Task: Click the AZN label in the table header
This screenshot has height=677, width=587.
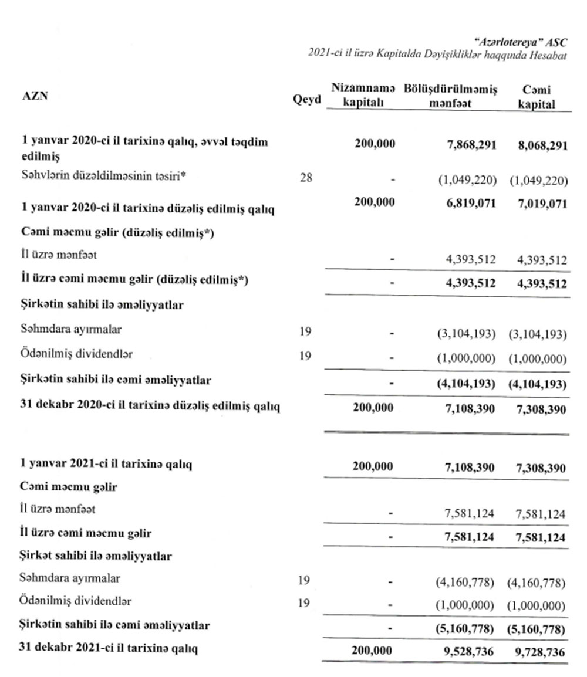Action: (35, 97)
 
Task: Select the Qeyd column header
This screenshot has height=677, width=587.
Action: (307, 99)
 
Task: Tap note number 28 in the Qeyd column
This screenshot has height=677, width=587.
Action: (306, 178)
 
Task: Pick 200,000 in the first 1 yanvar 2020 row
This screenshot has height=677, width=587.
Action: (375, 144)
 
